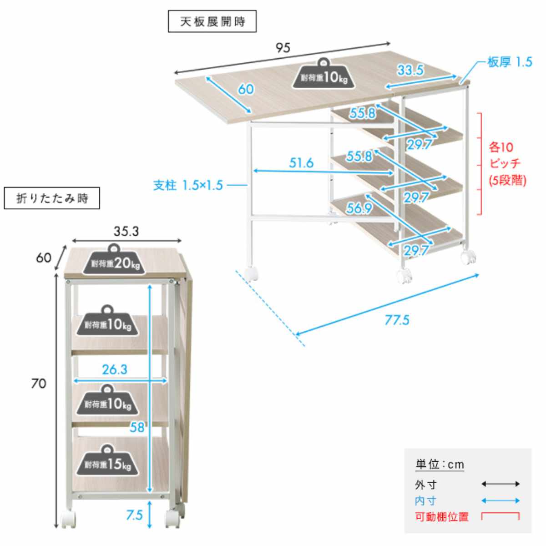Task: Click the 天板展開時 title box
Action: [x=212, y=21]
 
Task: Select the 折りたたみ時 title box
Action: [x=52, y=198]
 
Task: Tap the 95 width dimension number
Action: [x=283, y=48]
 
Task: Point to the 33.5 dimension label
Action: [x=410, y=70]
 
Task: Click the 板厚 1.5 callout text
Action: [x=510, y=62]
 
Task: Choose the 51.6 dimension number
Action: [x=301, y=163]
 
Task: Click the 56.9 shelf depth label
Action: [x=359, y=208]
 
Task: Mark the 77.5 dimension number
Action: [x=397, y=320]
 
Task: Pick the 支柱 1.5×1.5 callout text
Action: [x=188, y=186]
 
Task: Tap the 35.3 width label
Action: [x=126, y=232]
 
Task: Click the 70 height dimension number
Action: [x=39, y=384]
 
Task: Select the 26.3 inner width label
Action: [x=115, y=369]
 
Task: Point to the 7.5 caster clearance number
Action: [x=134, y=515]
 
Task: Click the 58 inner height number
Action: [x=137, y=427]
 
